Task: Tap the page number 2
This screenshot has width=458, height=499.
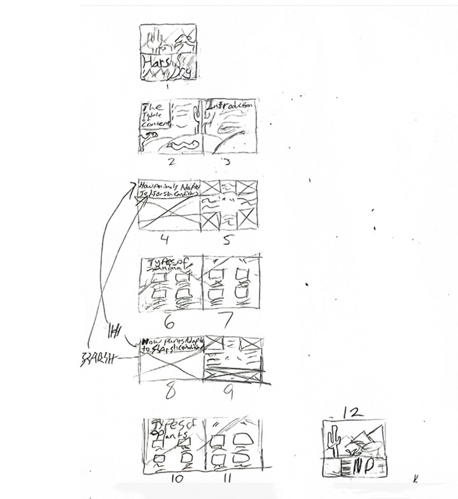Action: (x=171, y=162)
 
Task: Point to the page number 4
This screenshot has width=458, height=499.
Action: (x=164, y=240)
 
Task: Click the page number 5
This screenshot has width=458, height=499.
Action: (x=228, y=241)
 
